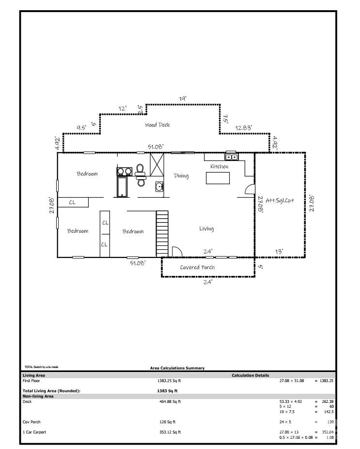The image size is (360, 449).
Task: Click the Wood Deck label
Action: [x=157, y=125]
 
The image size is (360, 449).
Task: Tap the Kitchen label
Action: [x=219, y=166]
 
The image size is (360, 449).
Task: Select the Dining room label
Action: [x=181, y=176]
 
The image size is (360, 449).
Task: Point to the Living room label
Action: [x=206, y=228]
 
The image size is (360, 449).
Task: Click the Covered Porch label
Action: [x=198, y=267]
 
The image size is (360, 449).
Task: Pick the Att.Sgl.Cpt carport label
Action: [x=280, y=200]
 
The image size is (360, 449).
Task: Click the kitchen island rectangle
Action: [x=218, y=178]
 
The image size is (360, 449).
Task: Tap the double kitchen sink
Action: [x=232, y=157]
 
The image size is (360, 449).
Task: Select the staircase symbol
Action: [x=162, y=234]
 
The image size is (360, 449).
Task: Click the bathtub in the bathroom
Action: [x=122, y=187]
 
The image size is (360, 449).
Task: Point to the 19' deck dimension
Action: [x=183, y=99]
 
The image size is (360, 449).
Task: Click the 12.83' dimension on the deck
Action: [x=244, y=128]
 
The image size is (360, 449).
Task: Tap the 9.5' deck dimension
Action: [x=81, y=128]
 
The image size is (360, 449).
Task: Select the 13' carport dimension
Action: [x=279, y=252]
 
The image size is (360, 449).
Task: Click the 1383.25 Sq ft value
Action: [x=169, y=381]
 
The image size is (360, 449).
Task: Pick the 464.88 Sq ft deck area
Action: [x=170, y=401]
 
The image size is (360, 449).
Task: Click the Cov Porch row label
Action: [x=31, y=422]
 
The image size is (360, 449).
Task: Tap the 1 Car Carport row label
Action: [x=34, y=432]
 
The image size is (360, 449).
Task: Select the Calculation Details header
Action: [x=250, y=375]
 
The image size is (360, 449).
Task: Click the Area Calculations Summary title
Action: [x=177, y=368]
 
